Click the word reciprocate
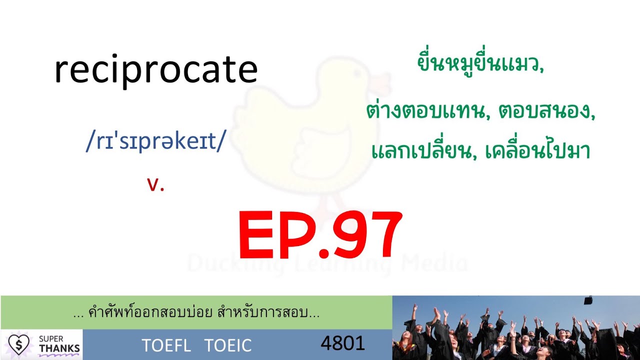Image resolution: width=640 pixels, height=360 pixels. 155,70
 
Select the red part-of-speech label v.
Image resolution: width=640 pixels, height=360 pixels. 155,185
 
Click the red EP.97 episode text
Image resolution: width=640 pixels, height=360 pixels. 320,235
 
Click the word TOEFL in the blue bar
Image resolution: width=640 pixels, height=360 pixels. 166,345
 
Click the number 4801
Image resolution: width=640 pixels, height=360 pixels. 342,343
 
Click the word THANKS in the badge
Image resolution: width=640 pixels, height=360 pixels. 59,348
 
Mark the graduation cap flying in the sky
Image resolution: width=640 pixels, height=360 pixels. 588,300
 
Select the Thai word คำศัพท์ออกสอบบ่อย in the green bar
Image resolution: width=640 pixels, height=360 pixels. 153,313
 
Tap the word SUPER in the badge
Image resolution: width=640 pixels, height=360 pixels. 51,339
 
